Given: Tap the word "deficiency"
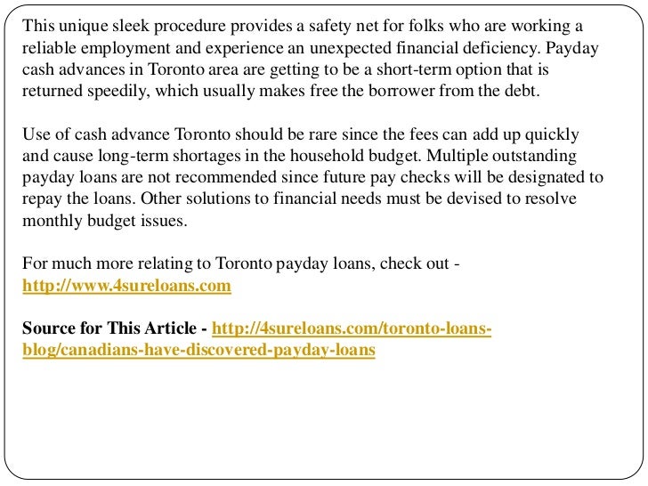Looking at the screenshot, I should [x=498, y=47].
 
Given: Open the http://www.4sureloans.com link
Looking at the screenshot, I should [x=126, y=286].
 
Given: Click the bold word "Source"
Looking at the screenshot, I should [x=48, y=329].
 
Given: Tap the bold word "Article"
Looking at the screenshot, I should [x=169, y=329].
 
